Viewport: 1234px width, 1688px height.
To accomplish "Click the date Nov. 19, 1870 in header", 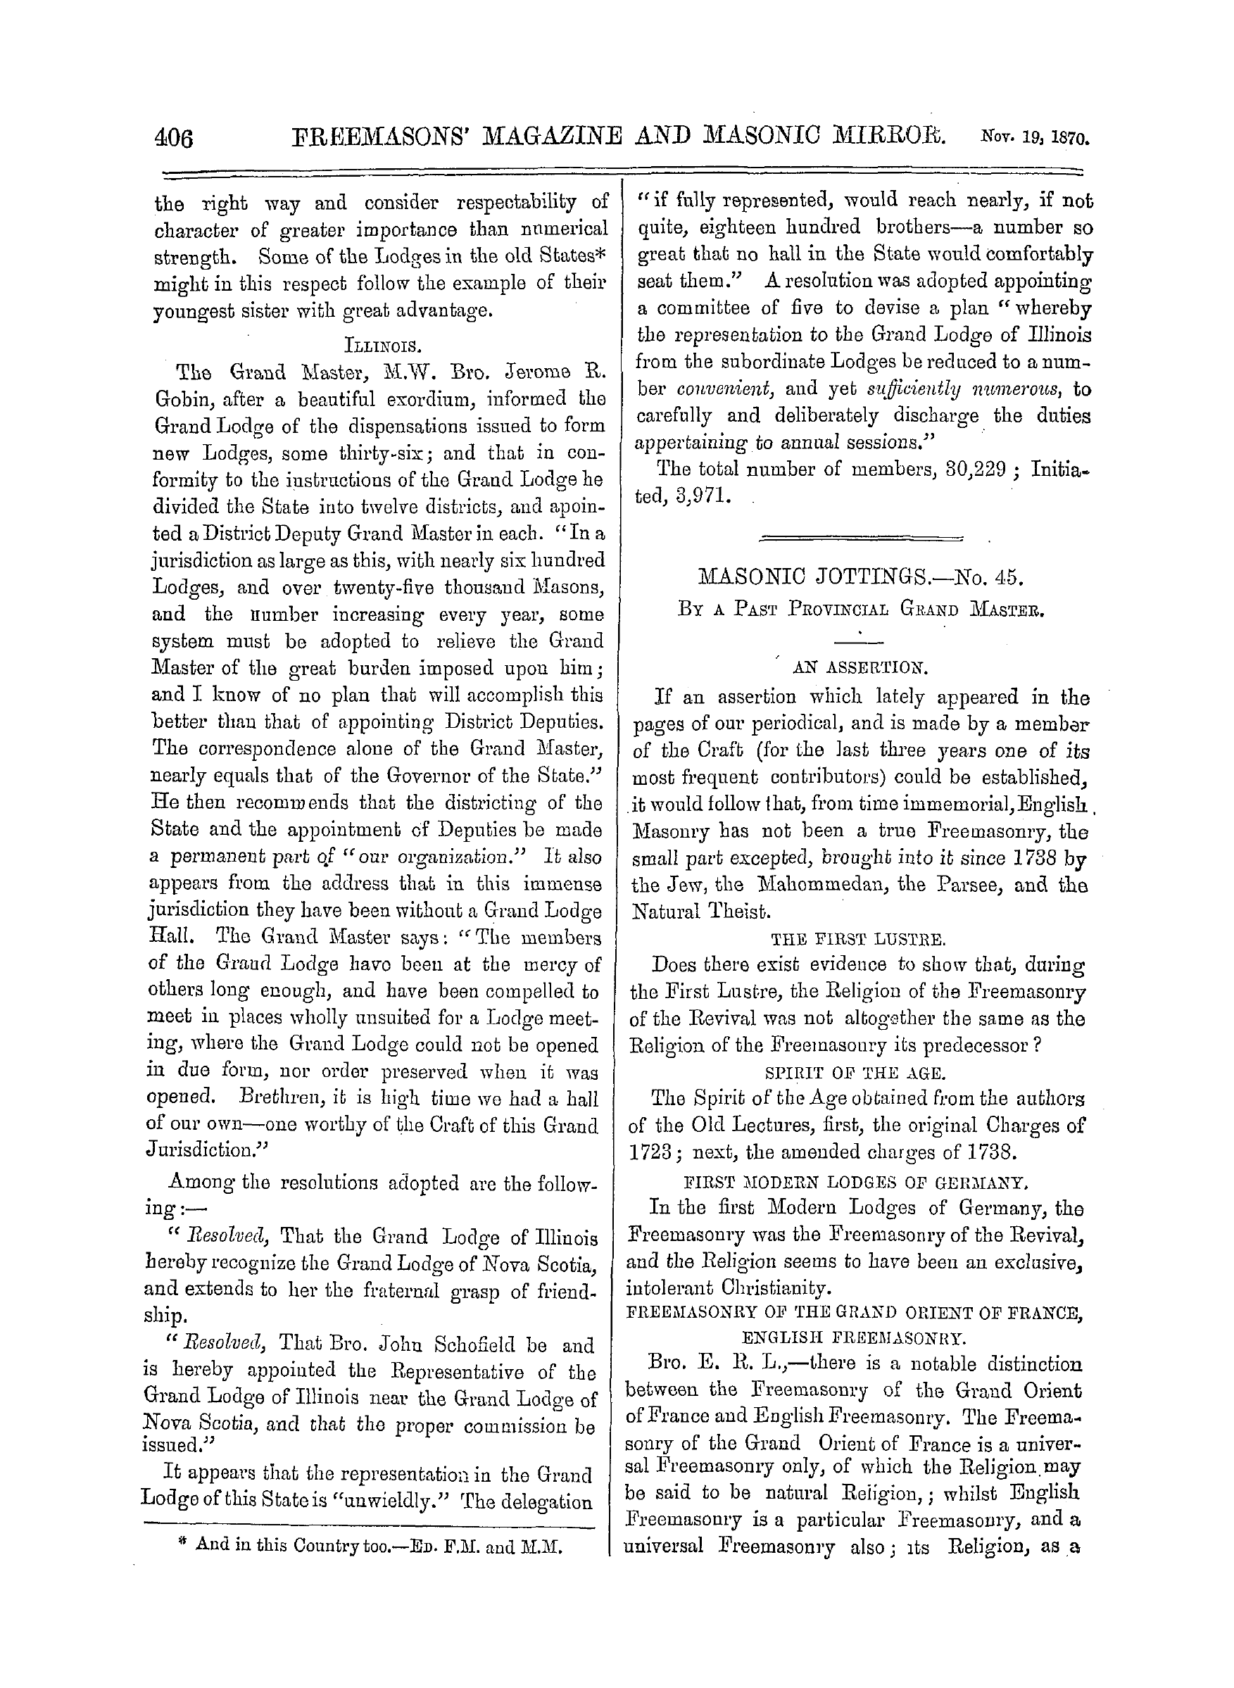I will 1033,138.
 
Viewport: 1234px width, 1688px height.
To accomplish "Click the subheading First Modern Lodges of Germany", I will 856,1183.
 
